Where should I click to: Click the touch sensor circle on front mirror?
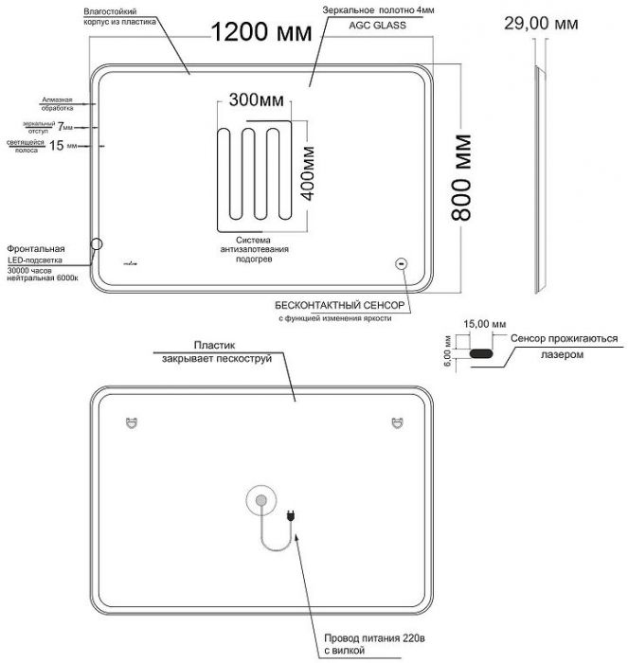tap(400, 264)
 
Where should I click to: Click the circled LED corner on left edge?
tap(97, 246)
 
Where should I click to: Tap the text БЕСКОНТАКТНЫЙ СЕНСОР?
tap(340, 306)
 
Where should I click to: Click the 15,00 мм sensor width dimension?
tap(479, 323)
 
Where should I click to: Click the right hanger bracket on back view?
tap(394, 423)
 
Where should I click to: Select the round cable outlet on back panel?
tap(259, 501)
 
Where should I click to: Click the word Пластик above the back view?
tap(214, 347)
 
